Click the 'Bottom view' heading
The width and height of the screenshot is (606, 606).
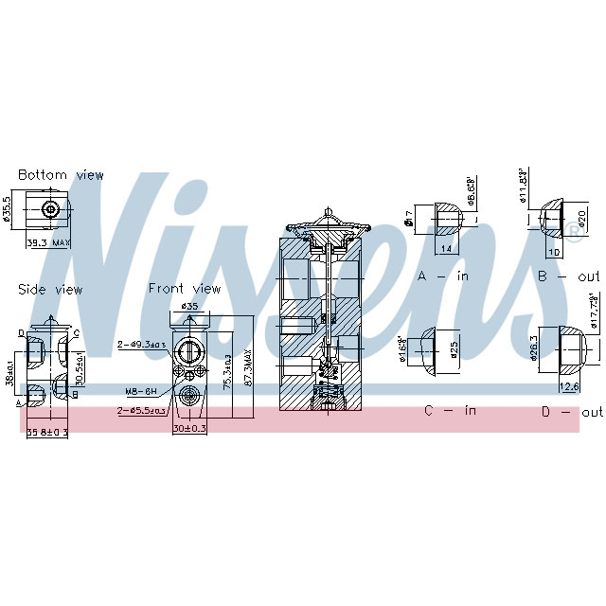pos(61,175)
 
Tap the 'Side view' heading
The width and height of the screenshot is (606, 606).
pos(50,290)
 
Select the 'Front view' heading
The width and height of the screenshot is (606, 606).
pos(184,289)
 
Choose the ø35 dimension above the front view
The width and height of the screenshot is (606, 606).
pos(189,307)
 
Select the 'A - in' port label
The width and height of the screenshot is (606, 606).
pos(443,276)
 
